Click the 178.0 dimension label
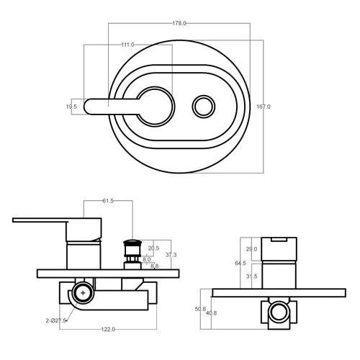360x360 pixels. [179, 23]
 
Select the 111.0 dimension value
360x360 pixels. [127, 45]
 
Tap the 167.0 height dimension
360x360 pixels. [264, 107]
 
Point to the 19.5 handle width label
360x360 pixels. [71, 107]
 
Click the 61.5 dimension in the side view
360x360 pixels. [108, 201]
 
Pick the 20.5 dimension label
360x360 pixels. [153, 248]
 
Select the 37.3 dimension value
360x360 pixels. [171, 255]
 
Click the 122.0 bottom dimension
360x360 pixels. [108, 329]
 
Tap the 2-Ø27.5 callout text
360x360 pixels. [56, 320]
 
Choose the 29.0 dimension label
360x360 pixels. [251, 249]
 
